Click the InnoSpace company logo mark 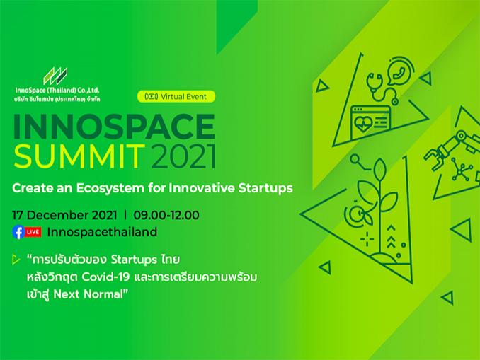pos(55,76)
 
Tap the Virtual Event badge pos(176,97)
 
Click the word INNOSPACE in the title pos(114,127)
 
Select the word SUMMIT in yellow pos(79,156)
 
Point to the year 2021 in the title pos(183,156)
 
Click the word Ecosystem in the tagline pos(110,188)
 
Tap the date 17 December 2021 pos(64,215)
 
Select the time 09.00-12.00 pos(166,215)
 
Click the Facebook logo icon pos(18,232)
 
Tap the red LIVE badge pos(33,232)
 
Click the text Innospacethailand pos(102,232)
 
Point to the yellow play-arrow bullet pos(16,260)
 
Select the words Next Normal pos(88,294)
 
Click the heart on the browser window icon pos(362,124)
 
